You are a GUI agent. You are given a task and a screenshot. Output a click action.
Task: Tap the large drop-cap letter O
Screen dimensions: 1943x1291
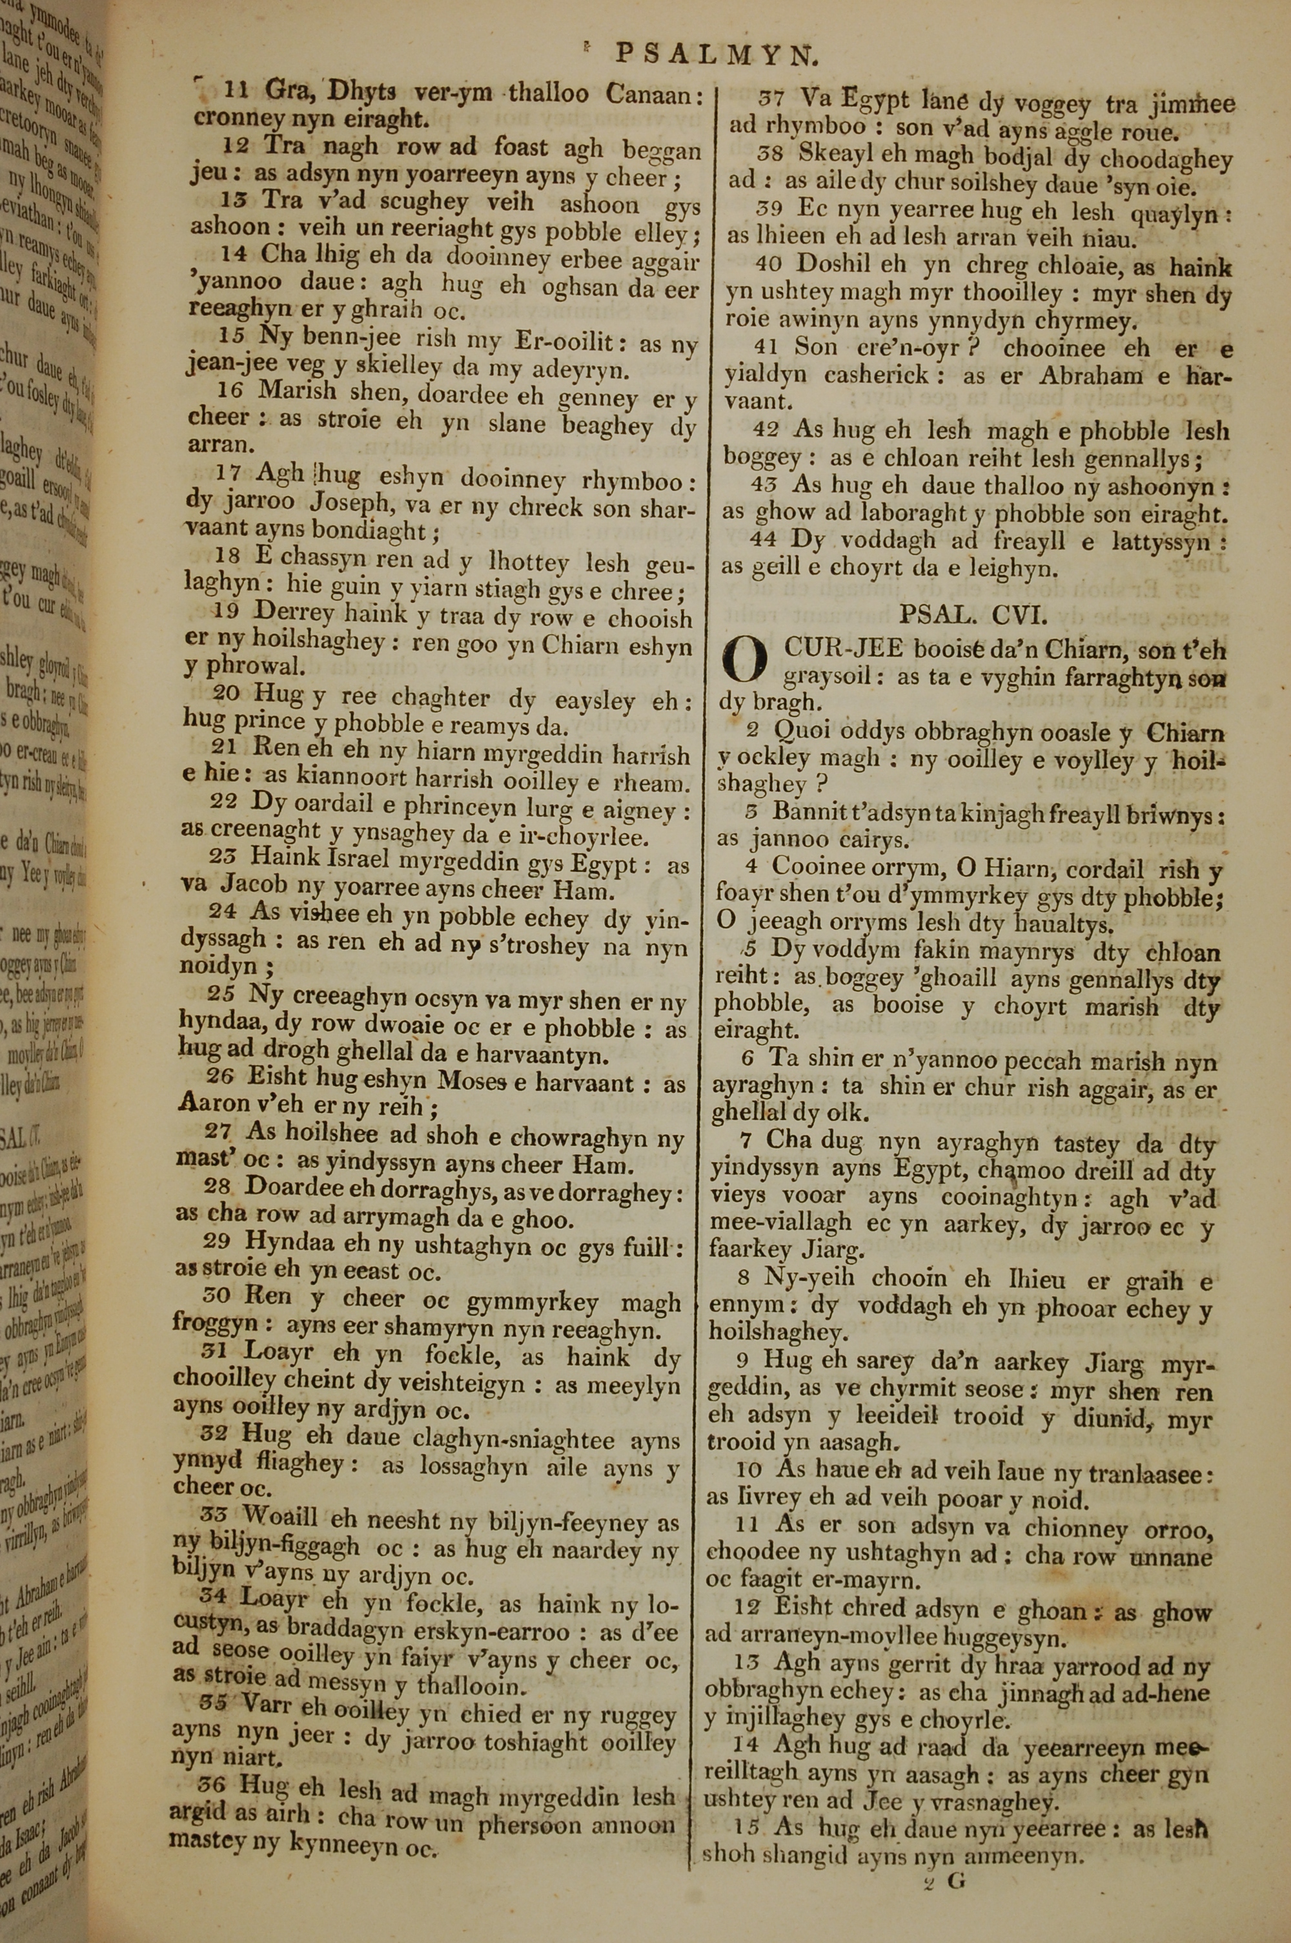[x=744, y=663]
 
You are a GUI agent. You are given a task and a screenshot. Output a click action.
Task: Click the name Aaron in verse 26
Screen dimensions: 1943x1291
[x=212, y=1105]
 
